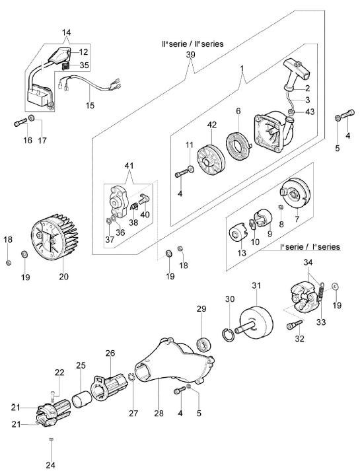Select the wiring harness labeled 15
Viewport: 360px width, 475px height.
point(90,83)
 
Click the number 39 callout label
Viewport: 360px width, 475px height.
point(191,55)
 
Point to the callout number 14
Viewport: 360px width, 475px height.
point(67,32)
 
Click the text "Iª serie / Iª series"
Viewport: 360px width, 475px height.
point(310,247)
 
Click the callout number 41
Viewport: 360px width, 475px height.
point(129,166)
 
